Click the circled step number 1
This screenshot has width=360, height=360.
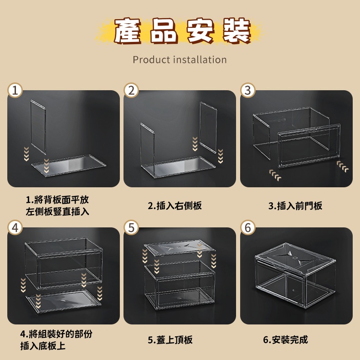(x=15, y=90)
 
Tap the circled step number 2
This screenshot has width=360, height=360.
(x=131, y=90)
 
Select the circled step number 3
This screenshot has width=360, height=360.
(x=248, y=90)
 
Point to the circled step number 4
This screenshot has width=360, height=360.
(x=15, y=227)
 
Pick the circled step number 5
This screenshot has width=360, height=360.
(x=131, y=227)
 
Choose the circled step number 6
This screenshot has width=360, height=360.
(x=248, y=227)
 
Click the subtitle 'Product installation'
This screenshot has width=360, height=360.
(x=180, y=60)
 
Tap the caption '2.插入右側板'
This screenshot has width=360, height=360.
(x=175, y=206)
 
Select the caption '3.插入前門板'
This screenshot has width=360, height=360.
(x=295, y=206)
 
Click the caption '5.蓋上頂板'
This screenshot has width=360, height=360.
(x=170, y=340)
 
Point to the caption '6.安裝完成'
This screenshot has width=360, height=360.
(x=285, y=340)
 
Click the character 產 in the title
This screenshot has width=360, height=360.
(x=127, y=31)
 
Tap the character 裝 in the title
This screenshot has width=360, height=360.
(x=237, y=31)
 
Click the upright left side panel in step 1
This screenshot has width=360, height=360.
(x=38, y=127)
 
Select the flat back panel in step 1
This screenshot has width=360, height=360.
(x=69, y=165)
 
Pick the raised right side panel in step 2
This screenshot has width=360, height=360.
(x=208, y=128)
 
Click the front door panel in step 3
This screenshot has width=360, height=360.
(x=309, y=146)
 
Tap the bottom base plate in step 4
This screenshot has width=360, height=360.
(x=63, y=301)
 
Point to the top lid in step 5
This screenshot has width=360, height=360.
(x=180, y=248)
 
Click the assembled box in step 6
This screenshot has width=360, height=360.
(x=295, y=275)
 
